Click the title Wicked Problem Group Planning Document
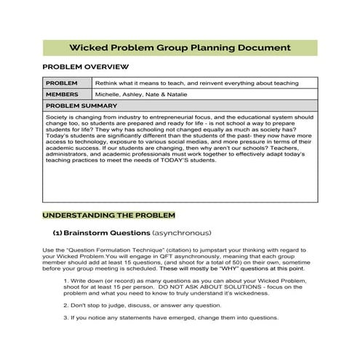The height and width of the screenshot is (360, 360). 180,47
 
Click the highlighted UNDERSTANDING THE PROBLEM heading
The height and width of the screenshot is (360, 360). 108,216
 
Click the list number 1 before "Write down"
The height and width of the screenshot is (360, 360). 65,280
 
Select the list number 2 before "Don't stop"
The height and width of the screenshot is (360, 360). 65,305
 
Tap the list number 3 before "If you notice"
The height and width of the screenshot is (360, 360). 65,319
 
